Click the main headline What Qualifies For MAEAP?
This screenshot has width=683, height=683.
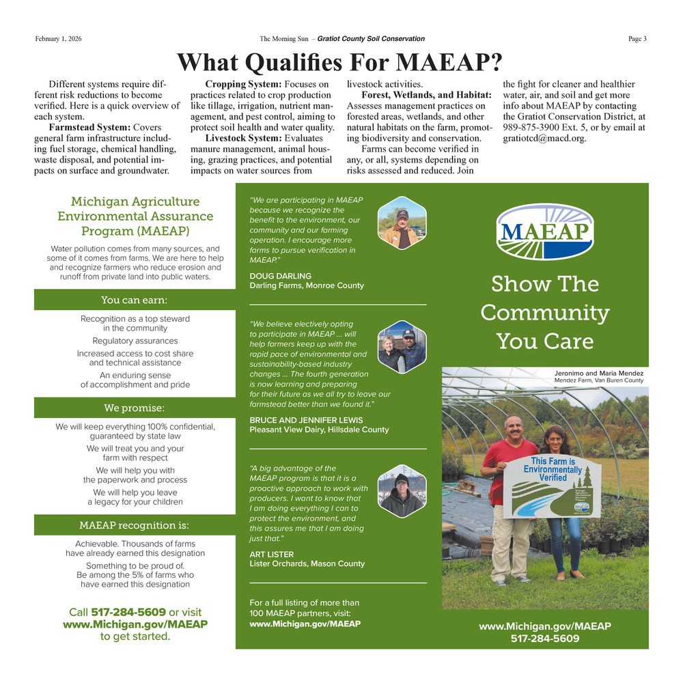click(x=339, y=62)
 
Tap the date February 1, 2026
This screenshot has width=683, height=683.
click(x=58, y=39)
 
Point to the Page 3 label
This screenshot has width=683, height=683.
click(x=637, y=39)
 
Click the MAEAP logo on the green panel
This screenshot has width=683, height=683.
click(x=544, y=232)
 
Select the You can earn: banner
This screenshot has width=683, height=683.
click(x=135, y=300)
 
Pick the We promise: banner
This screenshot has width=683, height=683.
click(x=135, y=408)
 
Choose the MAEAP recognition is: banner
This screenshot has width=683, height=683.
click(x=135, y=525)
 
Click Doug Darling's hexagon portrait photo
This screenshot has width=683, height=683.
click(x=402, y=222)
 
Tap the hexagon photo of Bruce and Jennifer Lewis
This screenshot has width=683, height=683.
click(x=402, y=346)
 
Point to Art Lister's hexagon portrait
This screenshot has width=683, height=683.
click(x=402, y=492)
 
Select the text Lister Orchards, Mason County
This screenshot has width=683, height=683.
click(x=307, y=563)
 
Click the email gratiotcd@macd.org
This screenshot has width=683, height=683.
click(x=544, y=138)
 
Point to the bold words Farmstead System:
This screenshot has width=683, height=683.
click(x=90, y=128)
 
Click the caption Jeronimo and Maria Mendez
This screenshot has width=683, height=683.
click(x=600, y=374)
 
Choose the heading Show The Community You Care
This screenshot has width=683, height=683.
click(x=544, y=312)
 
